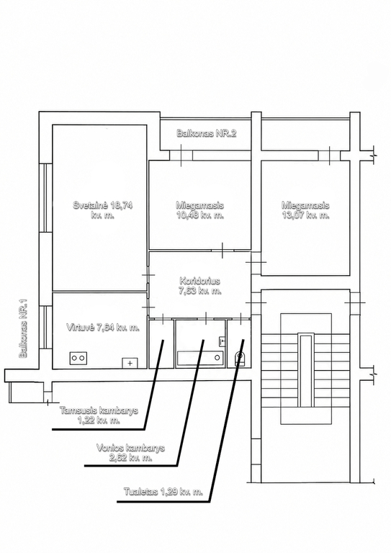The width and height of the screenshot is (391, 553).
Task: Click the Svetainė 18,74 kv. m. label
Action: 102,210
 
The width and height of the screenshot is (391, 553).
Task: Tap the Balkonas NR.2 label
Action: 206,133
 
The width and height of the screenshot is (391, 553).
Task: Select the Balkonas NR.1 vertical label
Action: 24,328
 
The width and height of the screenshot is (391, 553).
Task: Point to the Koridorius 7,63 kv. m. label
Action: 200,286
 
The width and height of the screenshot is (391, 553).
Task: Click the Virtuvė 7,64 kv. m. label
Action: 103,328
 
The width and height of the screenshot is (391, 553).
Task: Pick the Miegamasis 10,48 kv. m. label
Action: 200,210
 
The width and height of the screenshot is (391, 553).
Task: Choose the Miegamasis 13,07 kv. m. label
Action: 305,210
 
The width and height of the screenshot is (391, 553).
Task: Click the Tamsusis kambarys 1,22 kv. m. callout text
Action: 99,415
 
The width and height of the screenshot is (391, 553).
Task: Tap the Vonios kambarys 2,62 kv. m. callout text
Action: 130,452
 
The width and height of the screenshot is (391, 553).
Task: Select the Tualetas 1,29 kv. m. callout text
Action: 163,492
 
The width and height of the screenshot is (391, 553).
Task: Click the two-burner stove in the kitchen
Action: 78,358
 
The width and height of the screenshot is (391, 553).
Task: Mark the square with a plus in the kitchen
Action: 130,363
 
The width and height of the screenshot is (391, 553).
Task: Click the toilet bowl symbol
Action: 240,358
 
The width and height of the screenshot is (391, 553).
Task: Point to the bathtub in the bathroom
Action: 200,358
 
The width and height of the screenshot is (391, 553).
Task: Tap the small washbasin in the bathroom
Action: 222,341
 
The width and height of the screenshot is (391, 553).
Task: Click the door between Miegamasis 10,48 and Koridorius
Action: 223,251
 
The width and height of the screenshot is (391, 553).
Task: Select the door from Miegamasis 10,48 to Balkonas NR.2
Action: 181,156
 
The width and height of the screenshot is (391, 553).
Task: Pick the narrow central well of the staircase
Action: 305,370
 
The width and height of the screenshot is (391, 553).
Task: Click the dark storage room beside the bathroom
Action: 161,344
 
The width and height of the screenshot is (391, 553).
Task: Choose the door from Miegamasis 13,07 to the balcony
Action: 330,156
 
